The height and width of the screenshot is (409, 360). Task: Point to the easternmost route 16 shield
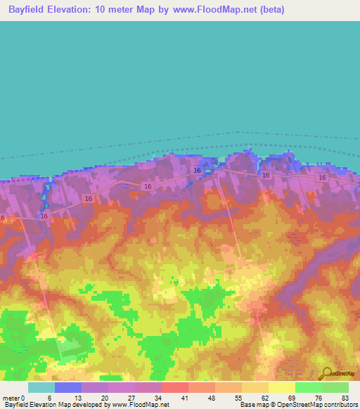point(322,178)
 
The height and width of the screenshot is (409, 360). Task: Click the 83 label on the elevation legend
point(345,398)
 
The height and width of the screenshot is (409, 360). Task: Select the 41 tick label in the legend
point(184,398)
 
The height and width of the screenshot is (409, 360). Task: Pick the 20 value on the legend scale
point(104,398)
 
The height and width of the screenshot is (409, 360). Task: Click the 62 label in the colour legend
point(264,398)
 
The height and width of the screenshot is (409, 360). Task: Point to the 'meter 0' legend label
point(13,398)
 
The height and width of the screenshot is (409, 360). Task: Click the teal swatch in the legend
point(41,387)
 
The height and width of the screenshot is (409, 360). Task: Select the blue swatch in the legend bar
point(67,387)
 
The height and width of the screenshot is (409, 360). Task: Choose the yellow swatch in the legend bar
point(281,387)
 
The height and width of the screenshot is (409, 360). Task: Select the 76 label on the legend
point(318,398)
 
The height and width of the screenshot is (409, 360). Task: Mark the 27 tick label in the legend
point(131,398)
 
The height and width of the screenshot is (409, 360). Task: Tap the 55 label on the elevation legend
point(238,398)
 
